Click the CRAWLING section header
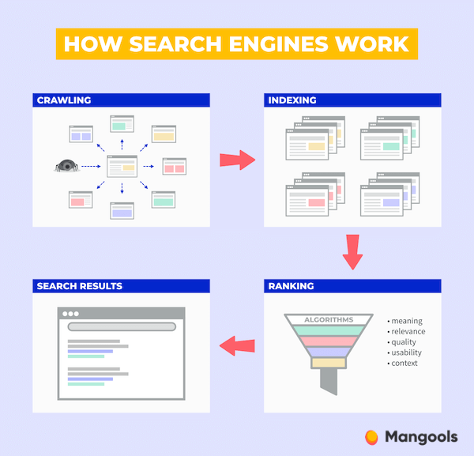tap(64, 100)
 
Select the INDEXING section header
tap(292, 100)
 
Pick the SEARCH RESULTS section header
tap(80, 286)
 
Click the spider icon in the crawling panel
tap(67, 166)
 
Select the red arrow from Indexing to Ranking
tap(352, 251)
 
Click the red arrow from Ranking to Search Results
tap(237, 345)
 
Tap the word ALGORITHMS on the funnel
tap(329, 319)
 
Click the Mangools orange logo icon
tap(371, 436)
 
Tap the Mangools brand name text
tap(421, 436)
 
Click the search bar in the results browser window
tap(122, 326)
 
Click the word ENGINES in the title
tap(280, 43)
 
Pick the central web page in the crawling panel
tap(122, 166)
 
